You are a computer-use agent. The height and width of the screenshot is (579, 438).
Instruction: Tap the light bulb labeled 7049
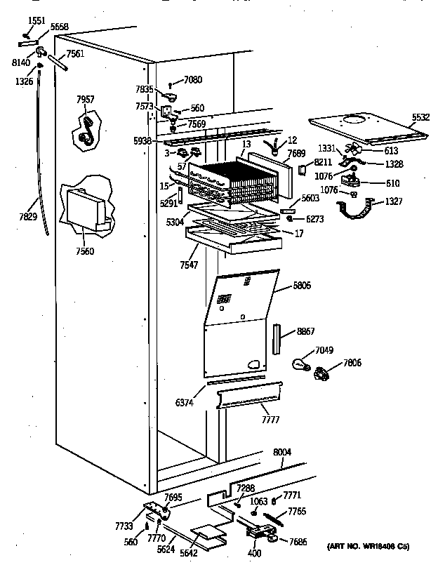pyautogui.click(x=301, y=364)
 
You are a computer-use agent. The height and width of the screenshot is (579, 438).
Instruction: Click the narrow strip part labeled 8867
pyautogui.click(x=277, y=339)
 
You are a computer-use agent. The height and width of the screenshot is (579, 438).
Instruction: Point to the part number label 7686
pyautogui.click(x=299, y=541)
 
